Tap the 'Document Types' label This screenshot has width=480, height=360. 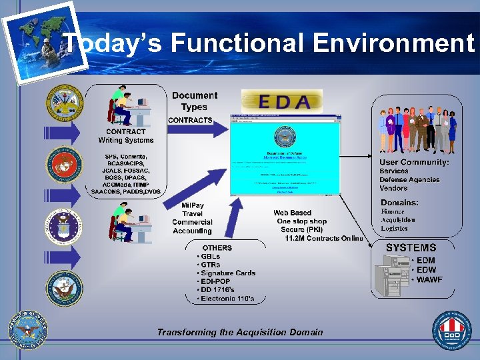click(x=194, y=101)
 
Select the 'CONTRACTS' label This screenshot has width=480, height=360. click(x=190, y=120)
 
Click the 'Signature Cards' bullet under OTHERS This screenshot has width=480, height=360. click(x=227, y=273)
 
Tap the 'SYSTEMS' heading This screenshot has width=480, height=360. click(x=411, y=247)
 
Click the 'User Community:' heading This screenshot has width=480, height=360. click(x=414, y=162)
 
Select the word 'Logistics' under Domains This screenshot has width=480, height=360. click(x=394, y=228)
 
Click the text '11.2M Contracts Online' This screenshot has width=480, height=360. click(x=324, y=238)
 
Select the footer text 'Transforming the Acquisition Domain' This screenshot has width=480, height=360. click(x=240, y=332)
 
